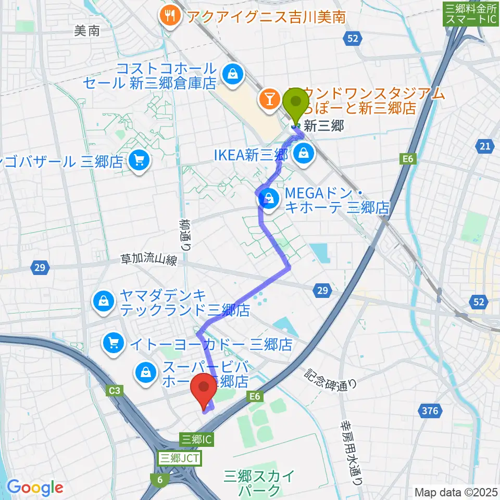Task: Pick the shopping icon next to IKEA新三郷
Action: tap(303, 153)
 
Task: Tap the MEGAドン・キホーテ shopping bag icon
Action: tap(269, 198)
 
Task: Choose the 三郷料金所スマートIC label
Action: tap(470, 15)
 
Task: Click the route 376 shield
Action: tap(430, 411)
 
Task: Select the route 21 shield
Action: tap(485, 147)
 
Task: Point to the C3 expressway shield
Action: tap(116, 390)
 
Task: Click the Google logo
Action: tap(35, 488)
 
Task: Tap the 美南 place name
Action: tap(86, 31)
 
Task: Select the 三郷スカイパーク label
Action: tap(252, 482)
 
